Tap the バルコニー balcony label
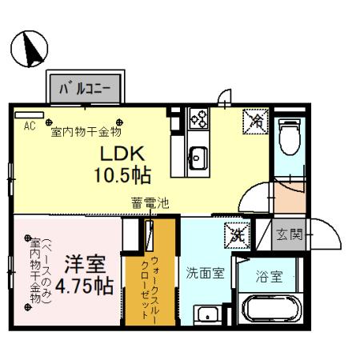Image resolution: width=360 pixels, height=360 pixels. coord(83,86)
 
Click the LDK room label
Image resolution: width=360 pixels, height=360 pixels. coord(122,151)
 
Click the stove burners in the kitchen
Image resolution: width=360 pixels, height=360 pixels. coord(198,120)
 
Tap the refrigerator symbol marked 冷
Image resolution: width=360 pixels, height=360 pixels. coord(256,121)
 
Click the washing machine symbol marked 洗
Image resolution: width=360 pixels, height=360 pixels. coord(236,235)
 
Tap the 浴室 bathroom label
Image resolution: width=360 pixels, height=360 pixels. coord(269,278)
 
